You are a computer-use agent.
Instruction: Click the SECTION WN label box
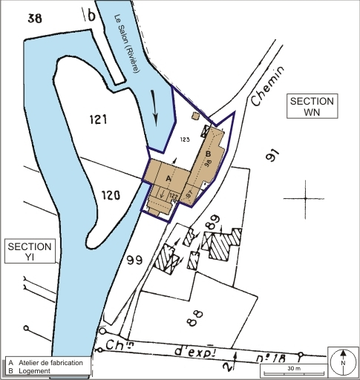[312, 107]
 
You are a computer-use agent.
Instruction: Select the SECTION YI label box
[30, 252]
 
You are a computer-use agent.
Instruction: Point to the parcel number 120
[110, 196]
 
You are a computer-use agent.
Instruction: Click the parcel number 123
[185, 139]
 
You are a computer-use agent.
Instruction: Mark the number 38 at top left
[34, 18]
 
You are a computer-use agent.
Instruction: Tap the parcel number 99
[134, 261]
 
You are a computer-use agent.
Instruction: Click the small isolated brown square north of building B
[195, 116]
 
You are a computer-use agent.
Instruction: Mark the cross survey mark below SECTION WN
[305, 199]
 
